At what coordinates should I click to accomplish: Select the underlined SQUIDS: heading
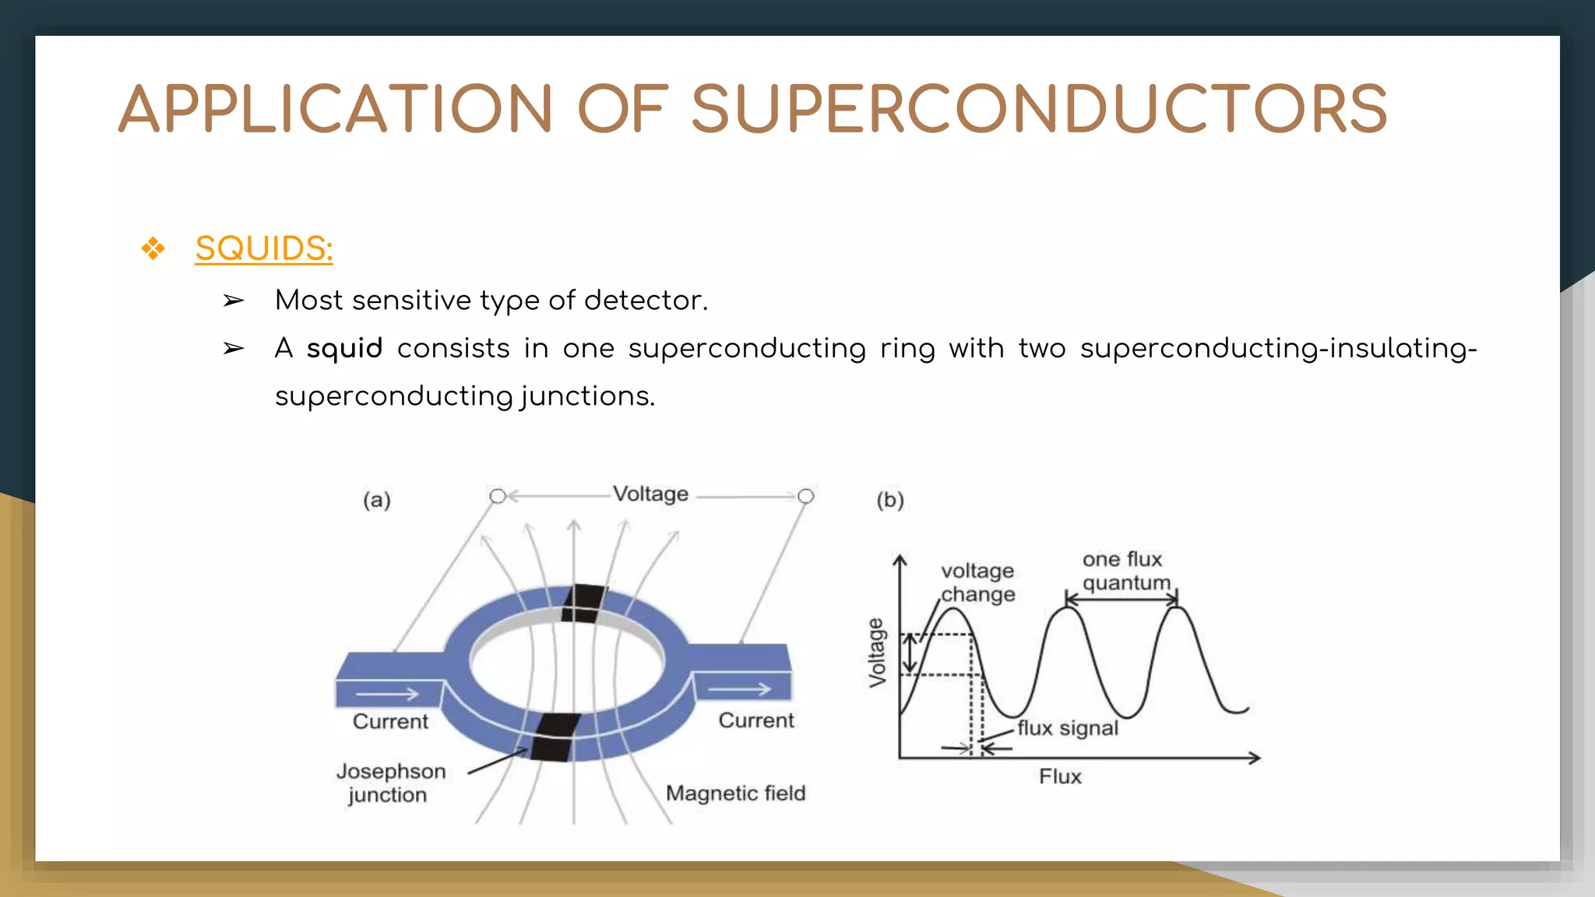point(264,248)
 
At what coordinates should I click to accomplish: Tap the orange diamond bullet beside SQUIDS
point(153,249)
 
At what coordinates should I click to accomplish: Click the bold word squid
point(344,348)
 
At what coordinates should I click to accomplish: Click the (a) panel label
point(377,500)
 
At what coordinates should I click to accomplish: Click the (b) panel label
point(890,500)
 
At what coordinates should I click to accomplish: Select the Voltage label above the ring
point(650,494)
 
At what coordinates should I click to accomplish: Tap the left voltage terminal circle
point(498,496)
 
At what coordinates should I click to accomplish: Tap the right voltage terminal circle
point(806,496)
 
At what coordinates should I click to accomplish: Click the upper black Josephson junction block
point(583,603)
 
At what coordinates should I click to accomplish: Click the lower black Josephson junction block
point(555,737)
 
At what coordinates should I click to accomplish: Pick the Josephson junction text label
point(390,783)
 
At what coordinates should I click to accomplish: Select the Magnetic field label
point(735,793)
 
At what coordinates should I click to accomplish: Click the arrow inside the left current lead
point(387,693)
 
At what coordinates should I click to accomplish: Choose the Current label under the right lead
point(755,720)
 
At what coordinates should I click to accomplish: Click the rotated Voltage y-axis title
point(878,653)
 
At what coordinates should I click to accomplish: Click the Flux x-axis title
point(1060,776)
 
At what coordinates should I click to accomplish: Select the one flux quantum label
point(1125,571)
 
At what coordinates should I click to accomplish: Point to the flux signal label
point(1067,728)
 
